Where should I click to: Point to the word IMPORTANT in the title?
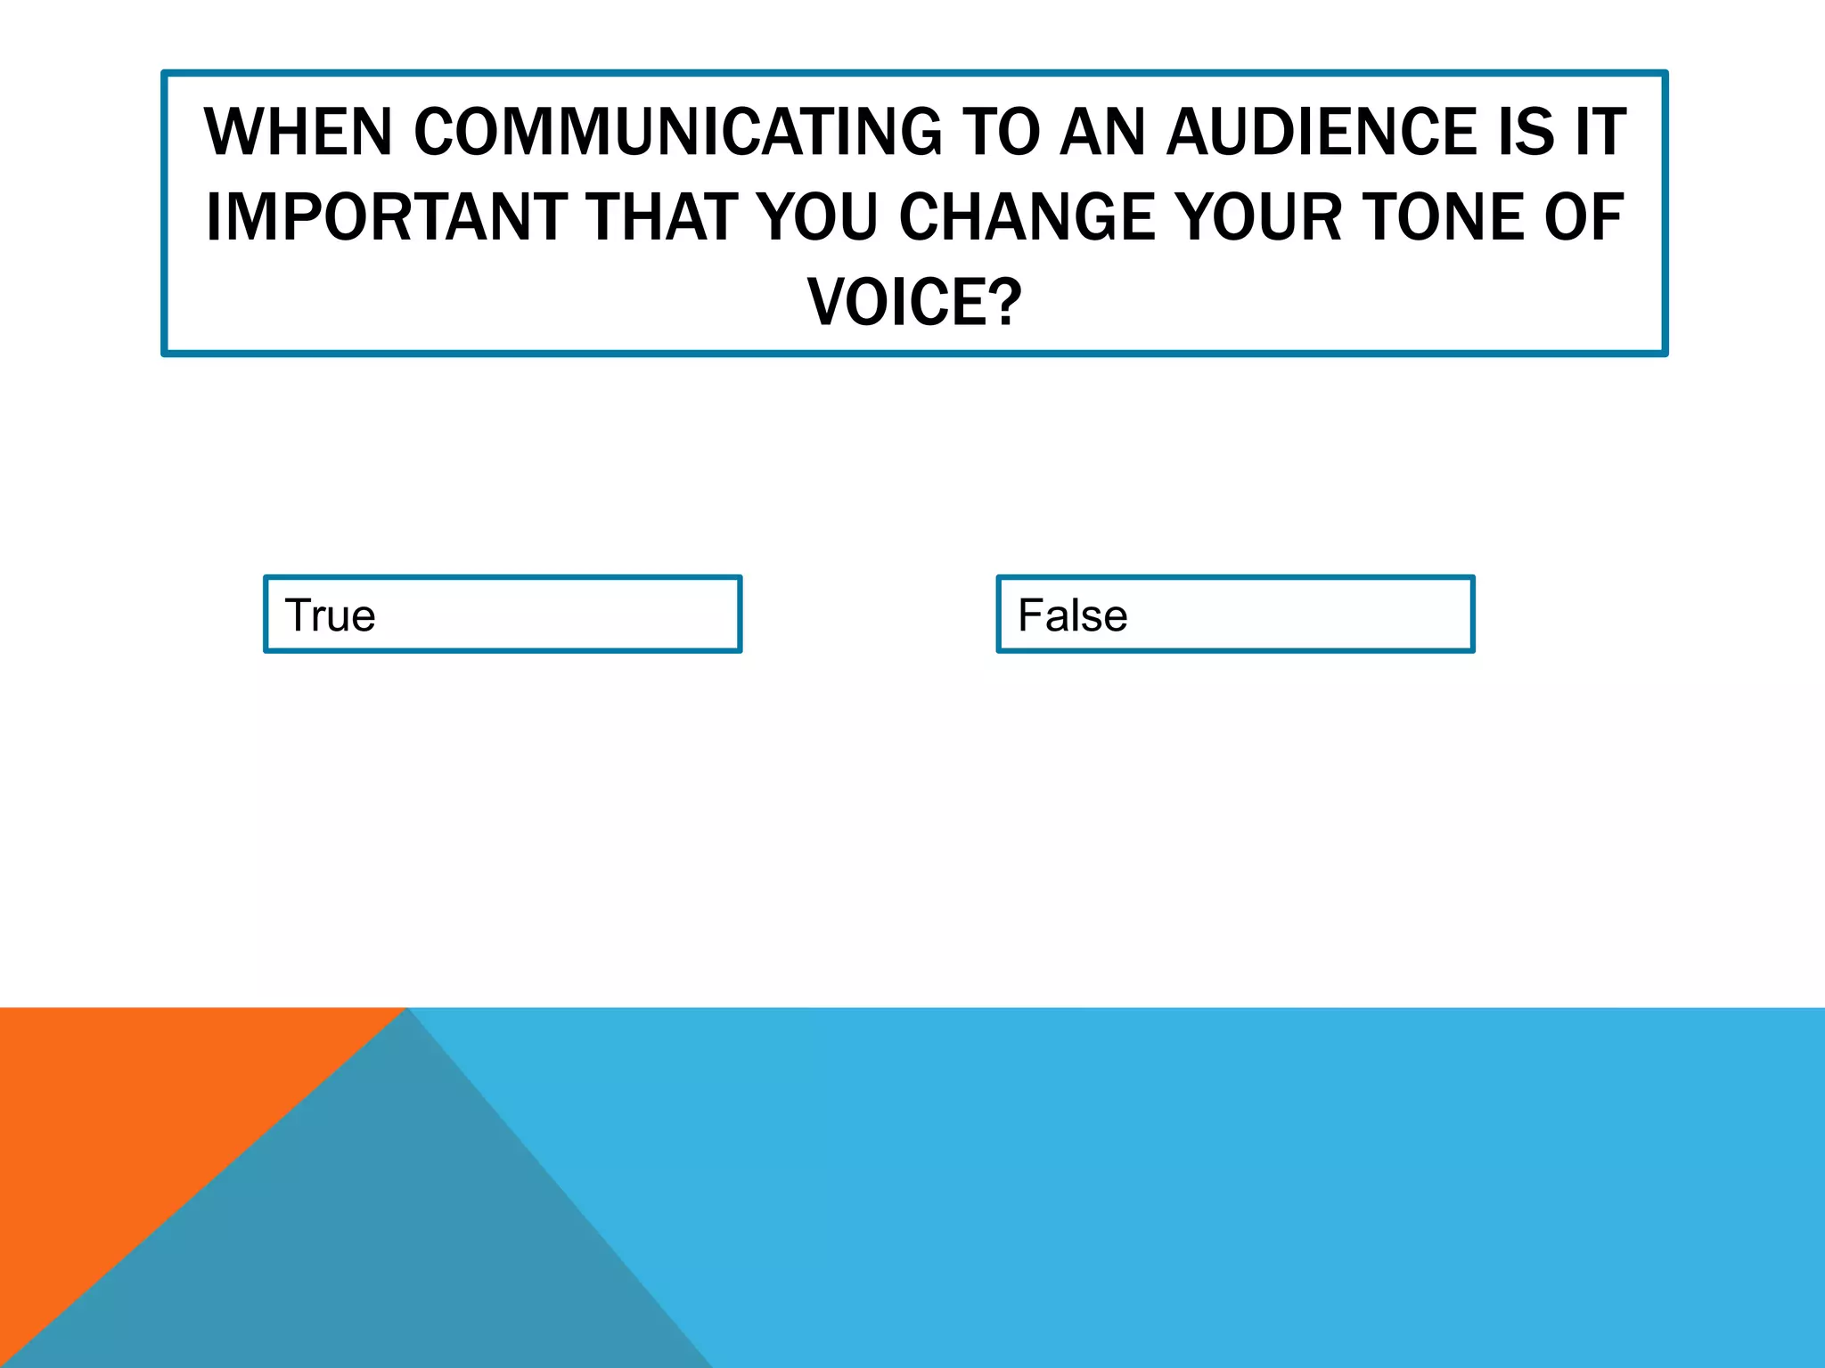point(386,217)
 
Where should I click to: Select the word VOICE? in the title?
point(914,303)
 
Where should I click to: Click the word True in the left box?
point(330,615)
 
